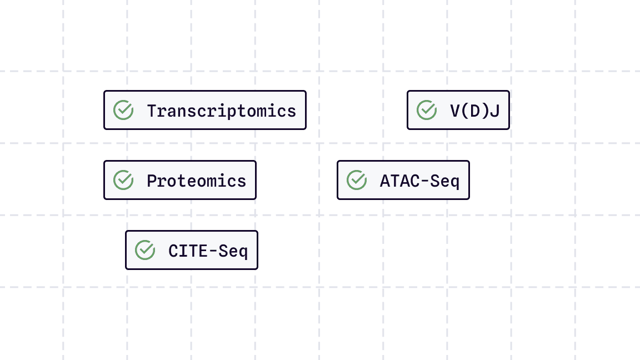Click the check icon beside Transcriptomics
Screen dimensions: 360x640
123,110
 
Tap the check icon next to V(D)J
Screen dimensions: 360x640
427,110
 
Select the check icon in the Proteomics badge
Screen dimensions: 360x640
123,180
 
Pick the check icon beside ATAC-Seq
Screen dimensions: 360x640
357,180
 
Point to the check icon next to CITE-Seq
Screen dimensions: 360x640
145,250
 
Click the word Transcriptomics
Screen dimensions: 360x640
221,111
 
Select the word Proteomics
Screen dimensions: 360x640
196,181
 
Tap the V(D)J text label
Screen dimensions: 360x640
474,111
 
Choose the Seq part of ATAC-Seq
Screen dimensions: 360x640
445,181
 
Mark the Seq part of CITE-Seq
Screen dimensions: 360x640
233,251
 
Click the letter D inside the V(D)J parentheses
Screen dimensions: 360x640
474,111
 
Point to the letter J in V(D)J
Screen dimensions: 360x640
494,111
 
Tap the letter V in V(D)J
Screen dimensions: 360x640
455,111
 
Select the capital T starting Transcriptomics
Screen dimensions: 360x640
152,111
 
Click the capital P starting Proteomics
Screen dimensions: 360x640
152,181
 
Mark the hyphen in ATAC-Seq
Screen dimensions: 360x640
424,181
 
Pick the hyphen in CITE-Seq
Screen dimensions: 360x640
213,251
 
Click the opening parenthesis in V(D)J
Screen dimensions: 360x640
466,111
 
